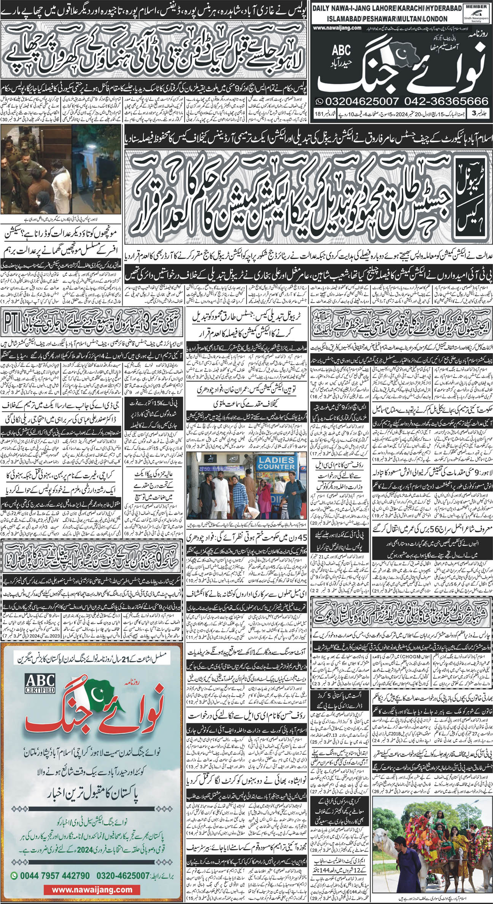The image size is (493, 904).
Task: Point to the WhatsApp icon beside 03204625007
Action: coord(318,102)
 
